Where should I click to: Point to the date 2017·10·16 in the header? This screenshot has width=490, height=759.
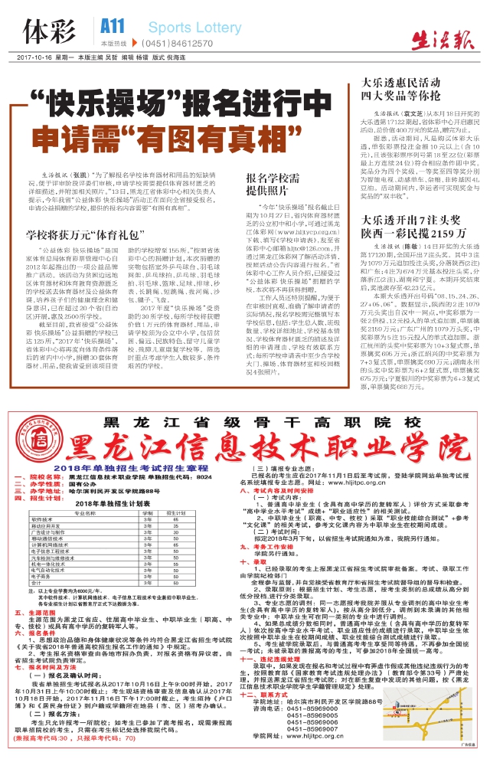[x=33, y=58]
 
